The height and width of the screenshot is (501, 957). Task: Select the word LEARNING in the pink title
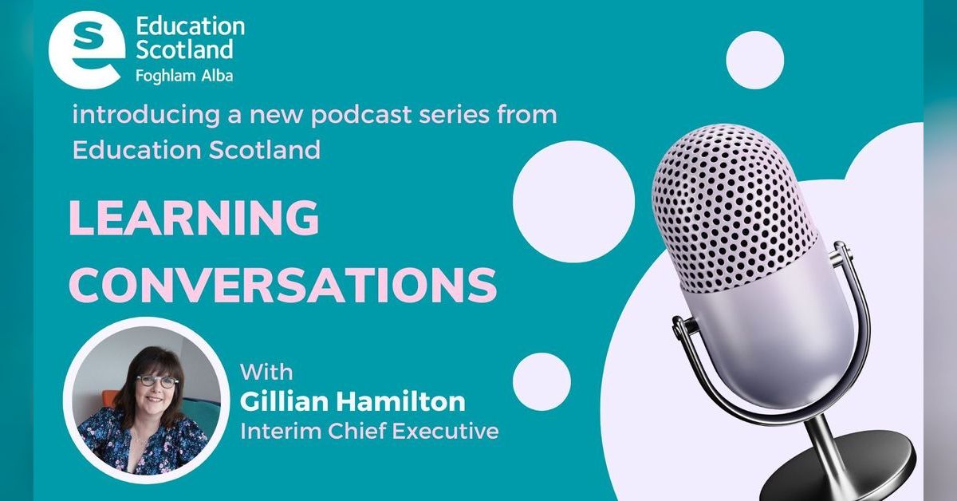(194, 217)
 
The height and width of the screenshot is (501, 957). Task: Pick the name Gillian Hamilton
(352, 401)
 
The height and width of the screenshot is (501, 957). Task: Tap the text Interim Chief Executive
(369, 432)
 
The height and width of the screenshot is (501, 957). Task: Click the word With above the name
(266, 372)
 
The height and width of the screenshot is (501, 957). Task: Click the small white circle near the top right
(754, 60)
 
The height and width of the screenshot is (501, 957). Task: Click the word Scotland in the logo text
(184, 49)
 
